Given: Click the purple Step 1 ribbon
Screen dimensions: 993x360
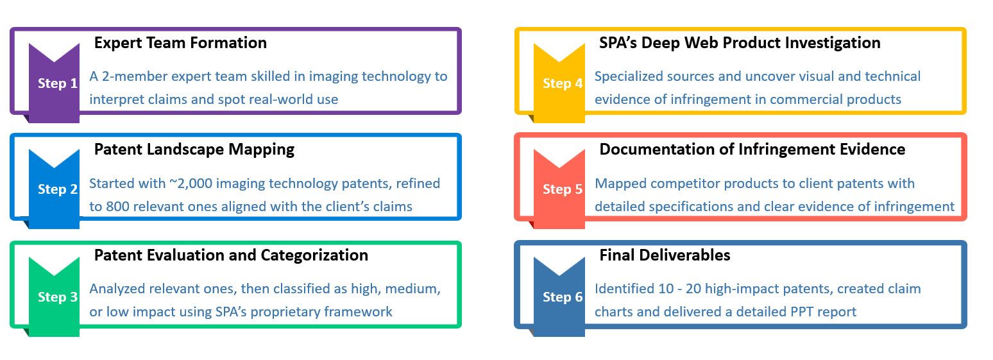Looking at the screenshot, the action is coord(54,89).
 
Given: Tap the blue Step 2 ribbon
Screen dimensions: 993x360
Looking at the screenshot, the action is coord(54,194).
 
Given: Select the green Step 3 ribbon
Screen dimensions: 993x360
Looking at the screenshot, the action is coord(54,302).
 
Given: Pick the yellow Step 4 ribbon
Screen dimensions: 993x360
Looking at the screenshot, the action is coord(559,89).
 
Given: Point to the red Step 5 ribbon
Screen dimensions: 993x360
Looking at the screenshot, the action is coord(559,194).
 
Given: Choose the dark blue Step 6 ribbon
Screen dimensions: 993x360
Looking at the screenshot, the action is coord(559,302).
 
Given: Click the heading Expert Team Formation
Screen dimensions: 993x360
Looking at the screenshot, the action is coord(180,43).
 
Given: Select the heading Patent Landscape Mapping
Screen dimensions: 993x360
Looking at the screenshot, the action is coord(194,150).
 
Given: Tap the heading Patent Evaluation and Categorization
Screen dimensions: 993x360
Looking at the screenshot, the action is coord(231,256).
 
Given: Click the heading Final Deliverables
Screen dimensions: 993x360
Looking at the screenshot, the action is coord(665,255).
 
